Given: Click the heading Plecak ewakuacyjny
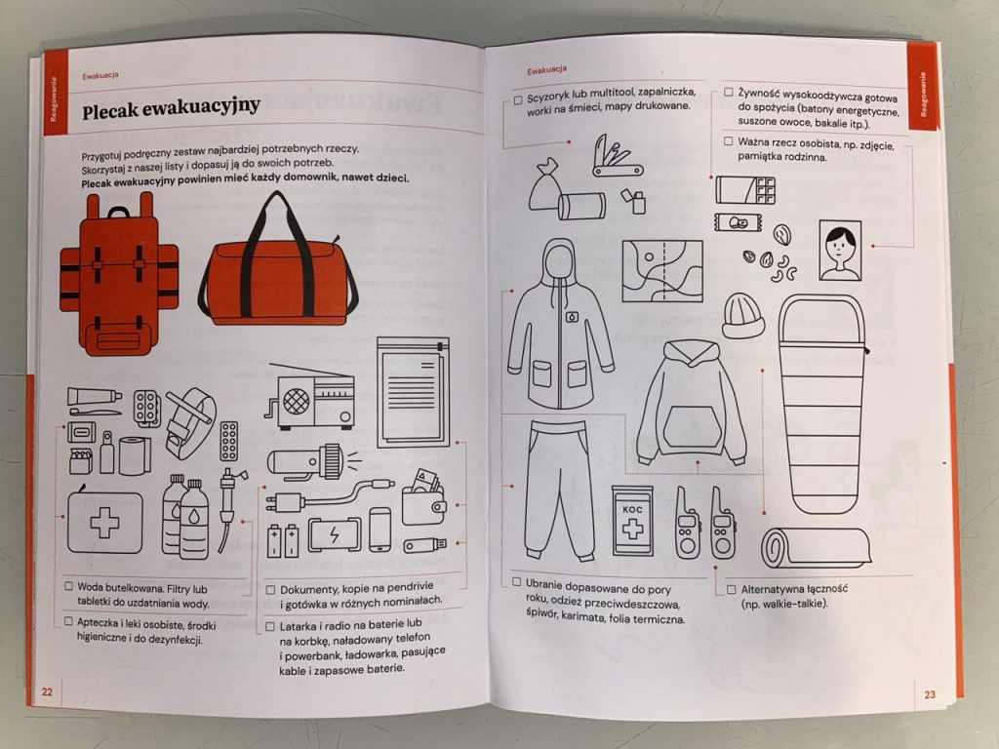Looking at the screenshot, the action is pyautogui.click(x=171, y=107).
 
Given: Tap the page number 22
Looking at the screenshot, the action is pyautogui.click(x=47, y=691).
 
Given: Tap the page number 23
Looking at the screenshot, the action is pyautogui.click(x=930, y=694).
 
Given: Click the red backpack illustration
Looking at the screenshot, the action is pyautogui.click(x=118, y=274).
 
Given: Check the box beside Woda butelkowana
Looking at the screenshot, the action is pyautogui.click(x=69, y=586).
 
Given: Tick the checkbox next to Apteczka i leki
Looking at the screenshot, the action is pyautogui.click(x=68, y=621).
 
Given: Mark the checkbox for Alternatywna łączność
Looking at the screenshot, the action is pyautogui.click(x=731, y=589).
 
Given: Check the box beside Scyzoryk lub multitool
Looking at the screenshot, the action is pyautogui.click(x=518, y=100).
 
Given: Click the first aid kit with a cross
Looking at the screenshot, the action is pyautogui.click(x=104, y=521).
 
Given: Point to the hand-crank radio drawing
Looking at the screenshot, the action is pyautogui.click(x=310, y=396).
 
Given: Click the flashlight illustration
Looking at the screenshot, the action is pyautogui.click(x=310, y=461).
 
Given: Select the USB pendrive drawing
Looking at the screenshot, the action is pyautogui.click(x=424, y=545).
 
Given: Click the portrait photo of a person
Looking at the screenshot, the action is pyautogui.click(x=840, y=251).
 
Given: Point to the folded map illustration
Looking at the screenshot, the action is pyautogui.click(x=662, y=271).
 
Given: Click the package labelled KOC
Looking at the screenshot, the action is pyautogui.click(x=632, y=521).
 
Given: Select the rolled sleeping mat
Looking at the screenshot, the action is pyautogui.click(x=817, y=547).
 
